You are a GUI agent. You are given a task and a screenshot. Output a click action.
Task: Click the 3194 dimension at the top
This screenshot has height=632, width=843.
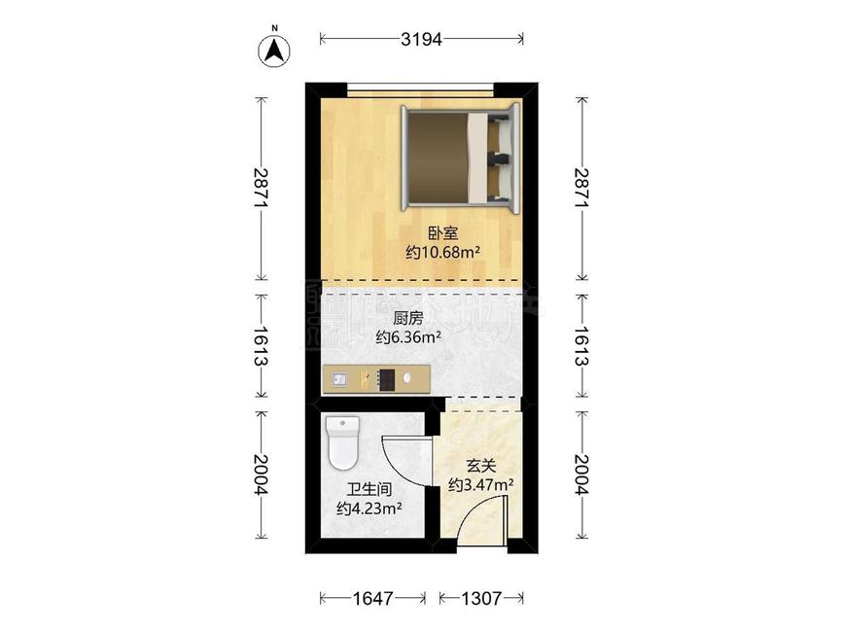[x=422, y=39]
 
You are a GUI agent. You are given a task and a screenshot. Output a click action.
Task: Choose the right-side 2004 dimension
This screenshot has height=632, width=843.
[x=581, y=475]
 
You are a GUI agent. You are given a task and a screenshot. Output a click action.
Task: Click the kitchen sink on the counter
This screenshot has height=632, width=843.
[x=339, y=379]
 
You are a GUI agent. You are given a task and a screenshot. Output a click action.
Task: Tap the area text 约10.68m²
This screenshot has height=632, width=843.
[x=443, y=252]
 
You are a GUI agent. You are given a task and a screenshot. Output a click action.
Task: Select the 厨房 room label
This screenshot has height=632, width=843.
[x=408, y=318]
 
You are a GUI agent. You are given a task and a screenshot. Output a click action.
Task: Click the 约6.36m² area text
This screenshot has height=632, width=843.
[x=408, y=337]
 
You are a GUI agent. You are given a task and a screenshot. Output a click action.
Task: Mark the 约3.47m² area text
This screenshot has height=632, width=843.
[x=480, y=483]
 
